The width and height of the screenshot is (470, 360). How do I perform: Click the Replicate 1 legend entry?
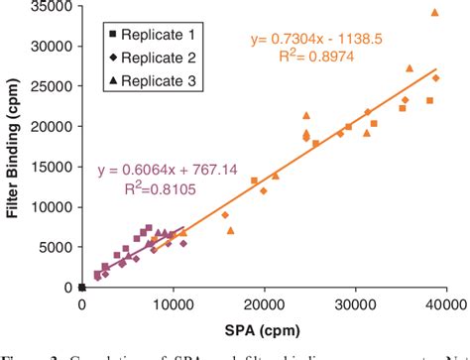143,36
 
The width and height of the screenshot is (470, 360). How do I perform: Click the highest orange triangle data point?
434,13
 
